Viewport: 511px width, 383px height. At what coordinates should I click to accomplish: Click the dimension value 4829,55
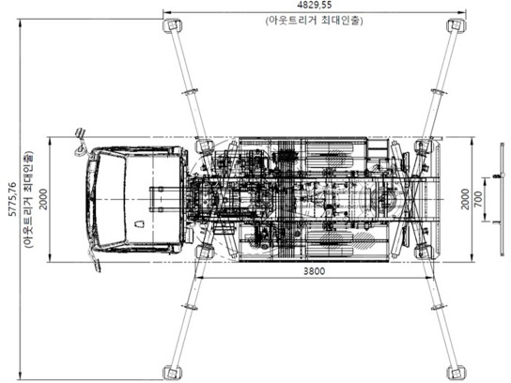coord(315,6)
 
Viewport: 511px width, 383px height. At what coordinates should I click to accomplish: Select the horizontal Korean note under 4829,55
coord(315,20)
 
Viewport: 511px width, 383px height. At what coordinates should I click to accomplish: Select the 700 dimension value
coord(478,199)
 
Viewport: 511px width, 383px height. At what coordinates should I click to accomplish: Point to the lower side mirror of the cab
coord(95,264)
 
